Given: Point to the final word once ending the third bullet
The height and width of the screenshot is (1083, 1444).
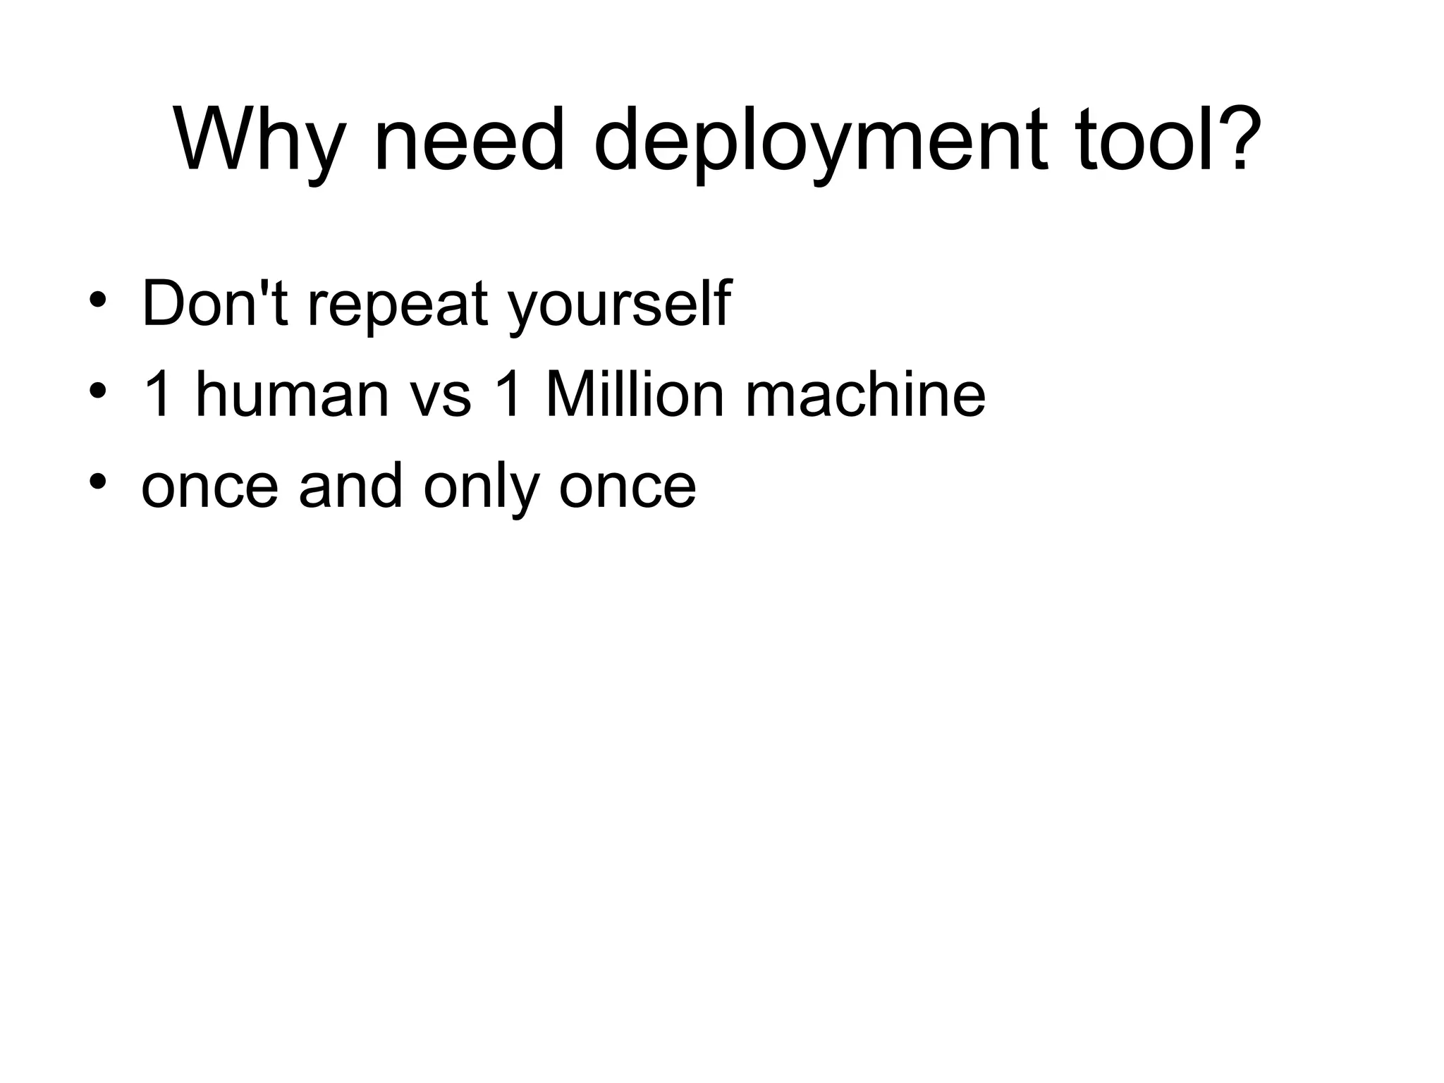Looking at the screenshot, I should [627, 489].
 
